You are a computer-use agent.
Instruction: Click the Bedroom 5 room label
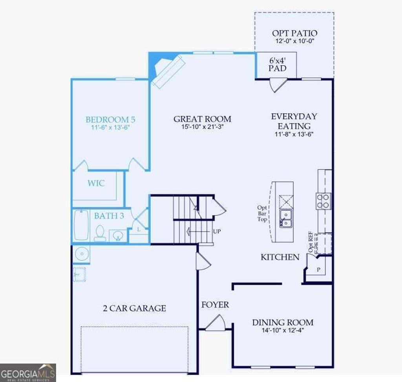point(111,119)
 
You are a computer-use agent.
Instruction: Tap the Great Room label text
point(202,119)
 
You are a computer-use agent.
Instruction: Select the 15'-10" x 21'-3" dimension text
point(202,127)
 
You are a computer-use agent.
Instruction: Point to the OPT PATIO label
point(294,33)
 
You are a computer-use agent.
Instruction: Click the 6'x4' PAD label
point(277,64)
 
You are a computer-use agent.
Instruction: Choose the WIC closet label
point(96,183)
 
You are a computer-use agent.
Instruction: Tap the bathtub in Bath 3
point(82,225)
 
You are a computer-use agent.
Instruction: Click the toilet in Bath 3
point(99,233)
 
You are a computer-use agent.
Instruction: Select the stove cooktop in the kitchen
point(324,201)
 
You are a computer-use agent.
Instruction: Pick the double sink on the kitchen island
point(285,218)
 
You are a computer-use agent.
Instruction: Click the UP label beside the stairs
point(217,231)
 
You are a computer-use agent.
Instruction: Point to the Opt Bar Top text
point(262,213)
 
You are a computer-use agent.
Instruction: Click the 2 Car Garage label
point(134,308)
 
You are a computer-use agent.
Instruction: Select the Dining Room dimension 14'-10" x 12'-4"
point(283,330)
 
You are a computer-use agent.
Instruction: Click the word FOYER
point(215,304)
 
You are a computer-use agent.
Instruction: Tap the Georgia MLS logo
point(28,372)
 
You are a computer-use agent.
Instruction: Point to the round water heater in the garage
point(81,255)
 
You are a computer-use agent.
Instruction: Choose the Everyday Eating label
point(294,121)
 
